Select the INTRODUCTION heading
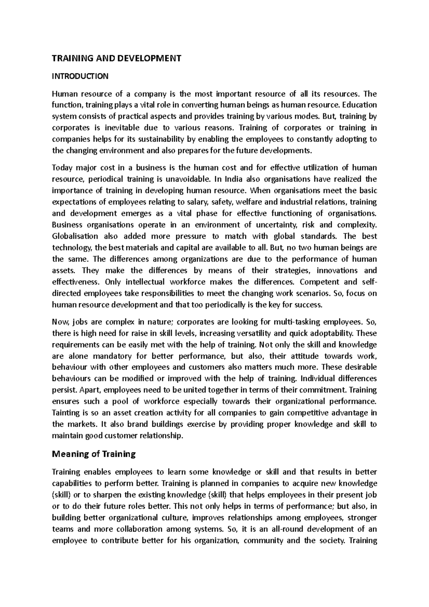click(x=80, y=76)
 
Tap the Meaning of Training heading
click(x=94, y=454)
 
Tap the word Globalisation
click(x=75, y=236)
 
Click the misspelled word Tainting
click(x=66, y=413)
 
